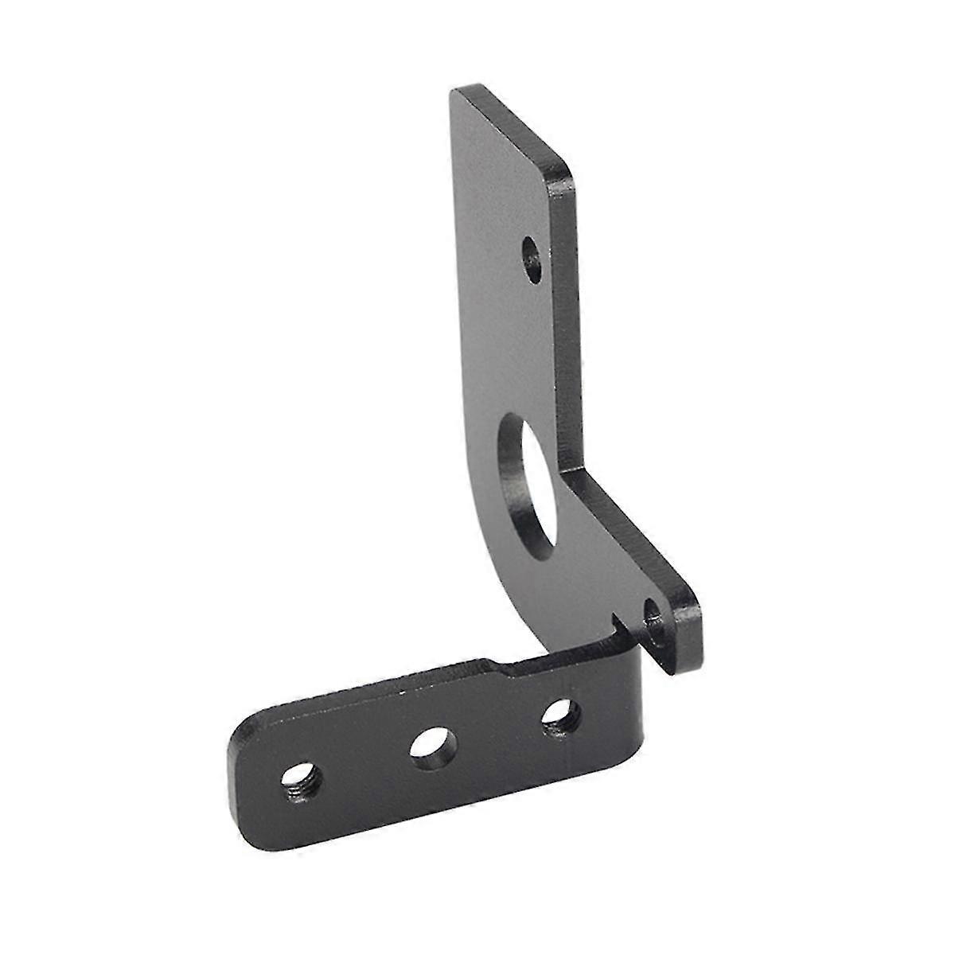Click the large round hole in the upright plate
pos(526,485)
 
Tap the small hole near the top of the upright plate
pos(532,258)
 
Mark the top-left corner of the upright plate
pos(454,92)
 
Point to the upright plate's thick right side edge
pos(569,318)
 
